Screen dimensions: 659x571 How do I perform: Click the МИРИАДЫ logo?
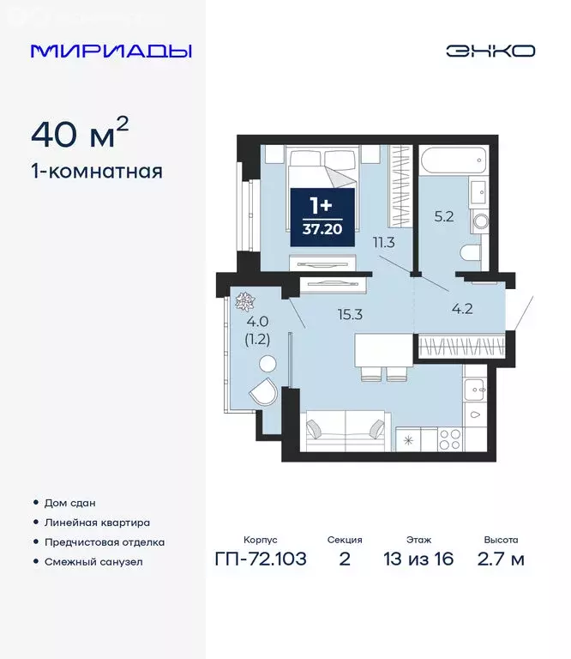tap(111, 51)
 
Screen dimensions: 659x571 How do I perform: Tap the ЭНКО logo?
tap(490, 51)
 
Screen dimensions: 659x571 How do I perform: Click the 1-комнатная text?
tap(97, 171)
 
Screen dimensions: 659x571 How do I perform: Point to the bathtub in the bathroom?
tap(453, 161)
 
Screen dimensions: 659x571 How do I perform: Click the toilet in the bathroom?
tap(471, 253)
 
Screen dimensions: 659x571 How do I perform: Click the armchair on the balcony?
tap(262, 394)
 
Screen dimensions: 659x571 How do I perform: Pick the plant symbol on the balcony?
tap(244, 300)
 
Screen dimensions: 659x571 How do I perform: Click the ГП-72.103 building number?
tap(261, 559)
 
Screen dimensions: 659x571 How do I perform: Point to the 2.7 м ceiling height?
tap(501, 559)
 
